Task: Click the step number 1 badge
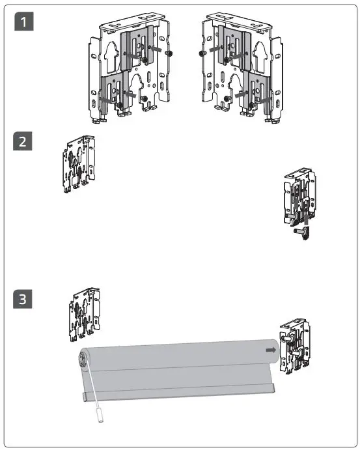click(x=24, y=21)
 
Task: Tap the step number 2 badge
click(x=22, y=141)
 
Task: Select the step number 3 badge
click(x=22, y=299)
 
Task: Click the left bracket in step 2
click(x=79, y=164)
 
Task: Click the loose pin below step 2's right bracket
click(x=302, y=232)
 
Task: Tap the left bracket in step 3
click(x=85, y=315)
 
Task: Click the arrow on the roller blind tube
click(x=271, y=350)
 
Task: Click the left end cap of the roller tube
click(x=83, y=359)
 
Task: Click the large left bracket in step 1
click(x=129, y=68)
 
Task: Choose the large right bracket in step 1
click(x=242, y=68)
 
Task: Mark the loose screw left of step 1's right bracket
click(x=202, y=53)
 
